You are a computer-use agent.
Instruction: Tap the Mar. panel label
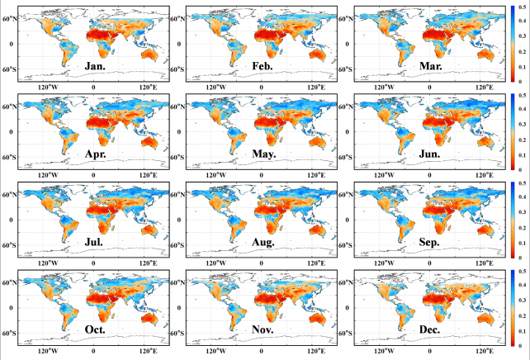433,64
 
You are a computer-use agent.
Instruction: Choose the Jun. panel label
433,153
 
